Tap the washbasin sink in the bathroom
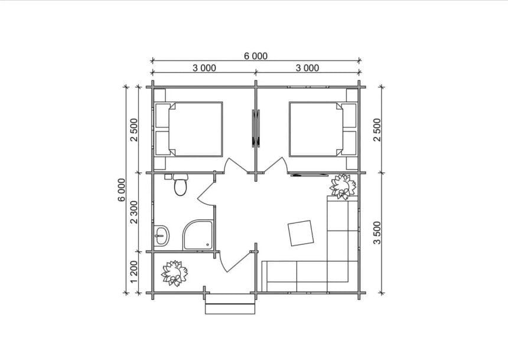(x=161, y=235)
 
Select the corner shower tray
(x=198, y=235)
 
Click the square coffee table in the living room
(x=301, y=233)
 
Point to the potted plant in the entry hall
(x=175, y=273)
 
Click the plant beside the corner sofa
(x=343, y=187)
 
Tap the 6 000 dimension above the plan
(x=256, y=56)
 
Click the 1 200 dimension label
(x=134, y=272)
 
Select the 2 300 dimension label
(x=134, y=212)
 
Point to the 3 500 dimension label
(x=377, y=233)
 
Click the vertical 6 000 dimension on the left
(x=122, y=189)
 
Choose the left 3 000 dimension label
(x=204, y=68)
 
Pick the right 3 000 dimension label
(x=307, y=68)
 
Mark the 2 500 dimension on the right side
(x=377, y=130)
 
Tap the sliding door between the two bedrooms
(x=256, y=128)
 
